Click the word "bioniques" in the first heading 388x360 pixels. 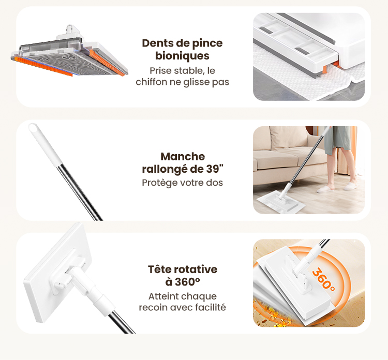(x=182, y=56)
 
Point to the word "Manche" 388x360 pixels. (x=183, y=157)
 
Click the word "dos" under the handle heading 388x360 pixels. (x=214, y=183)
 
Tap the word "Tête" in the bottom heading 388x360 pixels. (x=158, y=269)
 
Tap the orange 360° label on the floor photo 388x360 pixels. (x=323, y=280)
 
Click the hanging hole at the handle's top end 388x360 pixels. (x=33, y=128)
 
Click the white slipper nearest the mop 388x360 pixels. (x=325, y=189)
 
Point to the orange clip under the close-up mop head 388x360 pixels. (x=325, y=69)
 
